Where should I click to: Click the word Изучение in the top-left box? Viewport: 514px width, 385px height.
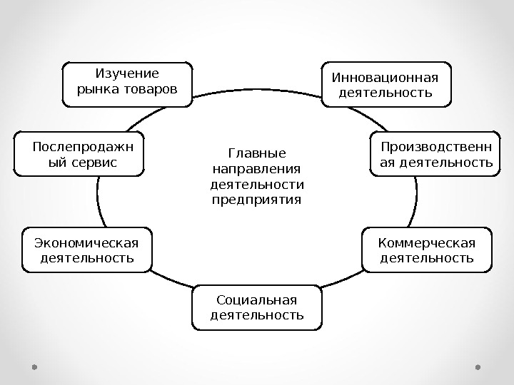127,73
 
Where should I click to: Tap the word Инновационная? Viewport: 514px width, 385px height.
385,76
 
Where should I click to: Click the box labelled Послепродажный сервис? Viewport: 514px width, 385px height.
79,153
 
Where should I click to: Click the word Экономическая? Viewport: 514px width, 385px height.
86,240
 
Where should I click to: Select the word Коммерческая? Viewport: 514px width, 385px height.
426,240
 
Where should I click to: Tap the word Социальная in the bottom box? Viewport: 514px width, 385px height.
256,298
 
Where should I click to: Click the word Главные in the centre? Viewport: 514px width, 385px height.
256,153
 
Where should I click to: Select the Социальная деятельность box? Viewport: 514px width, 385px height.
256,307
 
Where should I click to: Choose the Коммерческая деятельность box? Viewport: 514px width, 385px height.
427,250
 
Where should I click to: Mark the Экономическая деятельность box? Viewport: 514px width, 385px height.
87,250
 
